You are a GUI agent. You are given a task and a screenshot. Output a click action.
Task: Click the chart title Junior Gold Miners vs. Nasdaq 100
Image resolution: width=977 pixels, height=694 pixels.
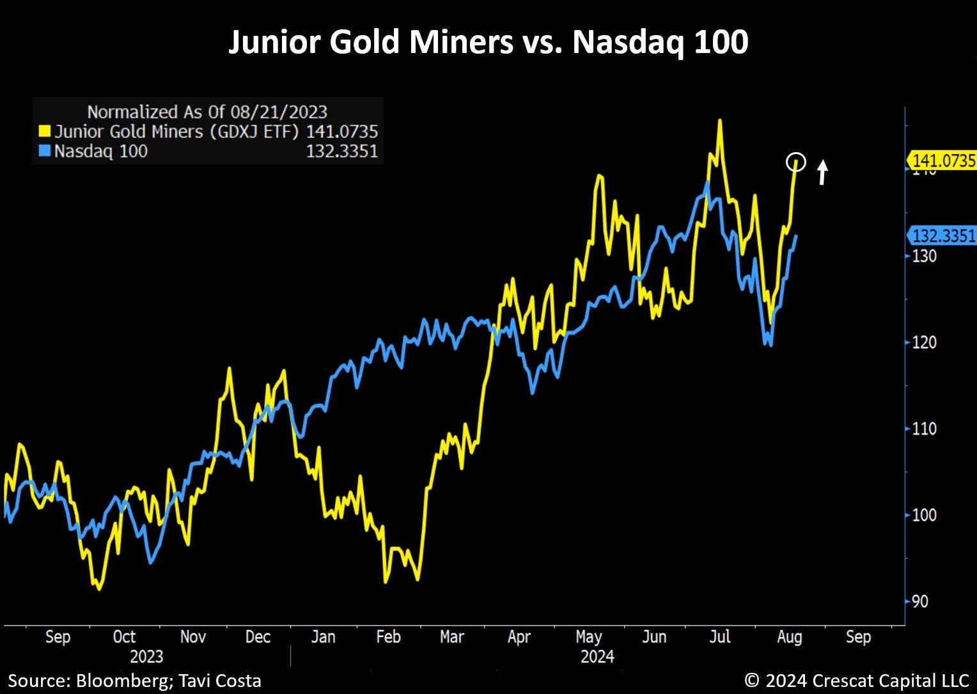click(x=488, y=42)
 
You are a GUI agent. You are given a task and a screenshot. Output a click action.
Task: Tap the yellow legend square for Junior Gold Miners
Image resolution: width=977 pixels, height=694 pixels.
click(x=45, y=131)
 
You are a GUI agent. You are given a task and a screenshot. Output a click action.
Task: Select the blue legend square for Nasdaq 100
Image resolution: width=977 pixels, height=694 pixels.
click(x=45, y=151)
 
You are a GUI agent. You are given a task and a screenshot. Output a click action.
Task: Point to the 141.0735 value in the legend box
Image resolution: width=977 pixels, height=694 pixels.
click(x=342, y=131)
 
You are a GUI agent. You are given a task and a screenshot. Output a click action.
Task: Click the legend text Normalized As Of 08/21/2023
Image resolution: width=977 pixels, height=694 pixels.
click(x=207, y=112)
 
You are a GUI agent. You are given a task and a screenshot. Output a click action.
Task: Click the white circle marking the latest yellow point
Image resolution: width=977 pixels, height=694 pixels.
click(x=795, y=153)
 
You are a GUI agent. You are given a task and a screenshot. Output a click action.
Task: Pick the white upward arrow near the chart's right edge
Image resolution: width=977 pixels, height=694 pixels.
click(x=822, y=172)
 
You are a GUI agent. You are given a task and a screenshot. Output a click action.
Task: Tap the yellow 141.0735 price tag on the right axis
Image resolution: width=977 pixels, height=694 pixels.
click(x=941, y=161)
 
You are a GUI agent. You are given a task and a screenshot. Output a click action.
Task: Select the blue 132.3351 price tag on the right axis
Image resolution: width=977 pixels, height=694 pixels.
click(x=941, y=236)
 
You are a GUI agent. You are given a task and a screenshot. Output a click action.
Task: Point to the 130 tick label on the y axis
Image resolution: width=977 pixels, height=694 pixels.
click(x=924, y=256)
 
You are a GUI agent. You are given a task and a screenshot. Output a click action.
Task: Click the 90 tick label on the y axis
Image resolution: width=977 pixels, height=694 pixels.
click(x=920, y=601)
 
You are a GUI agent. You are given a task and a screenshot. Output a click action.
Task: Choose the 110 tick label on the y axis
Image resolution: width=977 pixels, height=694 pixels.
click(x=924, y=429)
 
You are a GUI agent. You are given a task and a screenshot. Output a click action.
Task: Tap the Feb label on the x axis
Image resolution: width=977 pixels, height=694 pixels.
click(x=388, y=637)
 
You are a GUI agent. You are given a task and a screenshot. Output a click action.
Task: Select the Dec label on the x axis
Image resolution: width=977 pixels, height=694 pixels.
click(x=258, y=637)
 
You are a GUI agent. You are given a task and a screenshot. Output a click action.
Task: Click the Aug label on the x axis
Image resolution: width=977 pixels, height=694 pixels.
click(x=790, y=638)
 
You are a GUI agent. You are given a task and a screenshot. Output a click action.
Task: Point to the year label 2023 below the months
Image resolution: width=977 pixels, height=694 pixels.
click(x=146, y=656)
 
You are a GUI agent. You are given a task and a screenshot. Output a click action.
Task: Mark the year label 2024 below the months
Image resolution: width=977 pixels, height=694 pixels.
click(x=597, y=656)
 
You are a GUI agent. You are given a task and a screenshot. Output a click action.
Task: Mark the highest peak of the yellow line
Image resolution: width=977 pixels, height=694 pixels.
click(x=720, y=120)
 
